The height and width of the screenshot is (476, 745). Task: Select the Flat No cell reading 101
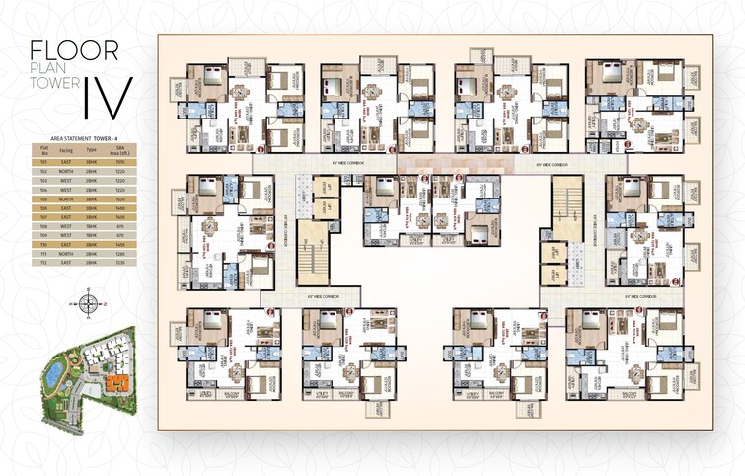[44, 162]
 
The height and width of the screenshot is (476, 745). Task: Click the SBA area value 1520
[122, 198]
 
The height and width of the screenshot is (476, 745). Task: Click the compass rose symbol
[89, 303]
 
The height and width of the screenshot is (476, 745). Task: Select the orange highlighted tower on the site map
[116, 380]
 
